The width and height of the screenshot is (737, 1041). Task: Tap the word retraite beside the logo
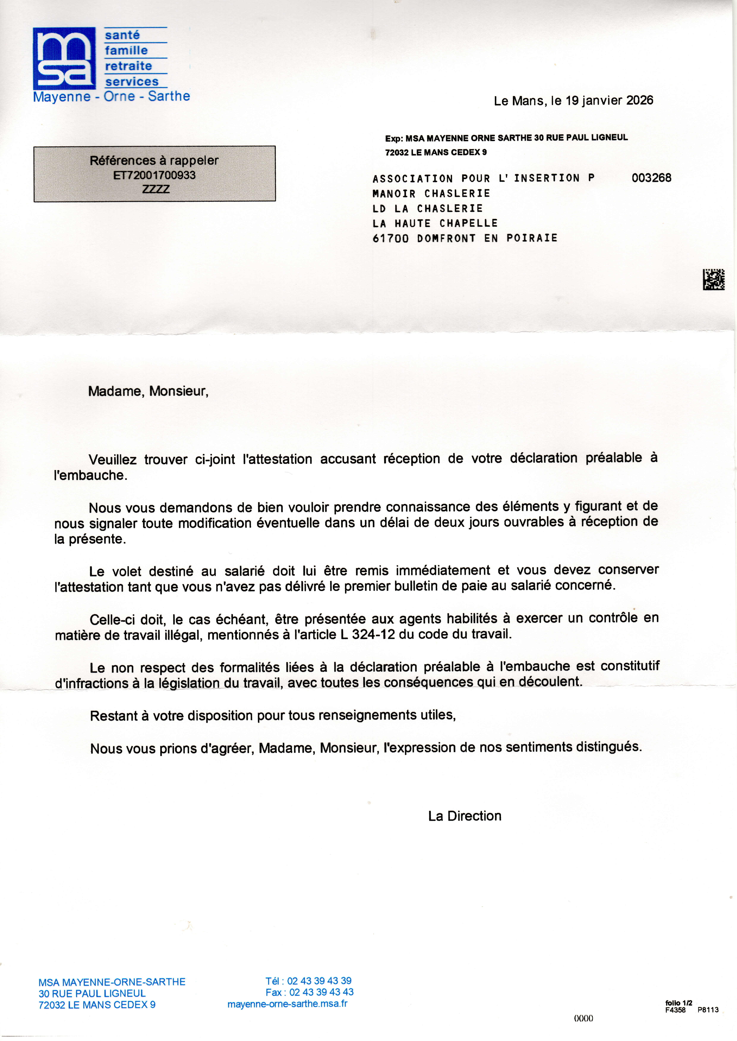tap(128, 66)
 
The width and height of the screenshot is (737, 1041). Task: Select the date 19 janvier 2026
tap(609, 100)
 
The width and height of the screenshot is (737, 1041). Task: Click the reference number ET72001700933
tap(154, 175)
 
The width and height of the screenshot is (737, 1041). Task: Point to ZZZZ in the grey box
tap(156, 189)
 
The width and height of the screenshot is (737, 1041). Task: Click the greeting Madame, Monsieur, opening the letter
tap(148, 391)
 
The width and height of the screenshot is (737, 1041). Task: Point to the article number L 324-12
tap(368, 634)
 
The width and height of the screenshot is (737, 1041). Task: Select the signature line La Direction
tap(465, 816)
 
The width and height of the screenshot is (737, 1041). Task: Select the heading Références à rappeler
tap(154, 161)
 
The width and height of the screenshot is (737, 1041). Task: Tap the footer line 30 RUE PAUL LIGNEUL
tap(92, 993)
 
